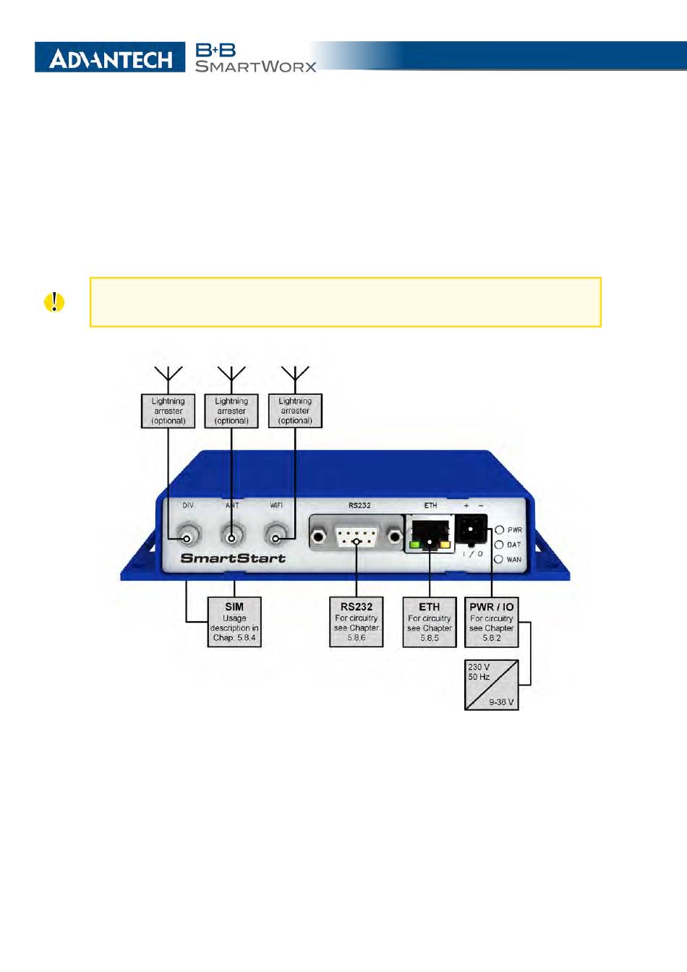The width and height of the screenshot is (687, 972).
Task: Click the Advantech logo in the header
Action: [109, 58]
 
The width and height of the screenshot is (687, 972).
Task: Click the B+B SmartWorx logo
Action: [255, 58]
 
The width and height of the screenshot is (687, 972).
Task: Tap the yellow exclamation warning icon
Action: [54, 302]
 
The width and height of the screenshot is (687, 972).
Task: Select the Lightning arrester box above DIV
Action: [168, 411]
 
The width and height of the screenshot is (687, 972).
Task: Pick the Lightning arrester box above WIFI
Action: [295, 411]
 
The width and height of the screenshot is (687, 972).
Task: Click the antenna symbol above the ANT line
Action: [231, 374]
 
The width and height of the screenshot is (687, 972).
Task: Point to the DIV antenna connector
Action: [188, 537]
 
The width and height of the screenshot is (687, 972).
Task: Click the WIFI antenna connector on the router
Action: [275, 537]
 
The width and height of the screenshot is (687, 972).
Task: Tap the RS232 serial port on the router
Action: [357, 537]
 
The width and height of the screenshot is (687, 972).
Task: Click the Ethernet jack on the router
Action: [430, 535]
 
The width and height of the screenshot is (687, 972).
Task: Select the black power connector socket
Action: [471, 530]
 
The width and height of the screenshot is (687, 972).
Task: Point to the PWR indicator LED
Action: [499, 530]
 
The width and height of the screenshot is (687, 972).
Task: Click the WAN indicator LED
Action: [498, 559]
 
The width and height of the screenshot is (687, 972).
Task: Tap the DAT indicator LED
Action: [499, 545]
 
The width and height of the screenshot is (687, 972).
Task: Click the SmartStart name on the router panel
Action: [233, 558]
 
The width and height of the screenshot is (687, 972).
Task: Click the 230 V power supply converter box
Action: [492, 683]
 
